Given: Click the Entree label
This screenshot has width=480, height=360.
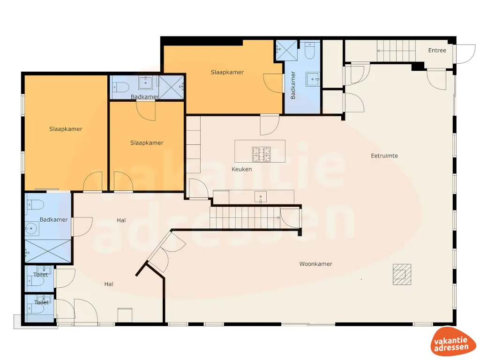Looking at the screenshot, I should tap(437, 51).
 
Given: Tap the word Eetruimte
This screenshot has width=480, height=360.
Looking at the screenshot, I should tap(384, 156).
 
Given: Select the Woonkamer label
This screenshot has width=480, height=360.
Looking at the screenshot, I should tap(315, 264).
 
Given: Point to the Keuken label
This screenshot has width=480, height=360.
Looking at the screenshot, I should tap(242, 169).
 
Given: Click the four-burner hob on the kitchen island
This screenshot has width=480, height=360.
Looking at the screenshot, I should tap(262, 151).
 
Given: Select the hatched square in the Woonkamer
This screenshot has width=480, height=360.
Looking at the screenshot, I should tap(402, 274).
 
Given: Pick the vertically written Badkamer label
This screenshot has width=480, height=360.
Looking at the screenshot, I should tap(293, 85).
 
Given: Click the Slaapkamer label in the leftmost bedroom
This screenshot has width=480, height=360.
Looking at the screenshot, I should tap(66, 129).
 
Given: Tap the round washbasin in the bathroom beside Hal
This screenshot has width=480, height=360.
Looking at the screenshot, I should tap(32, 229).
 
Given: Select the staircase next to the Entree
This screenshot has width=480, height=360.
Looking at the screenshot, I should tap(396, 51).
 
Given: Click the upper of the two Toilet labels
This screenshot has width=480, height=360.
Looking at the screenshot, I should tap(40, 275).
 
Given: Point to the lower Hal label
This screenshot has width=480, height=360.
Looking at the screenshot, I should tap(109, 284).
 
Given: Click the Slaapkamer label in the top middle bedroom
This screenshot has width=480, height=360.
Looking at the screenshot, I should tap(227, 72).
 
